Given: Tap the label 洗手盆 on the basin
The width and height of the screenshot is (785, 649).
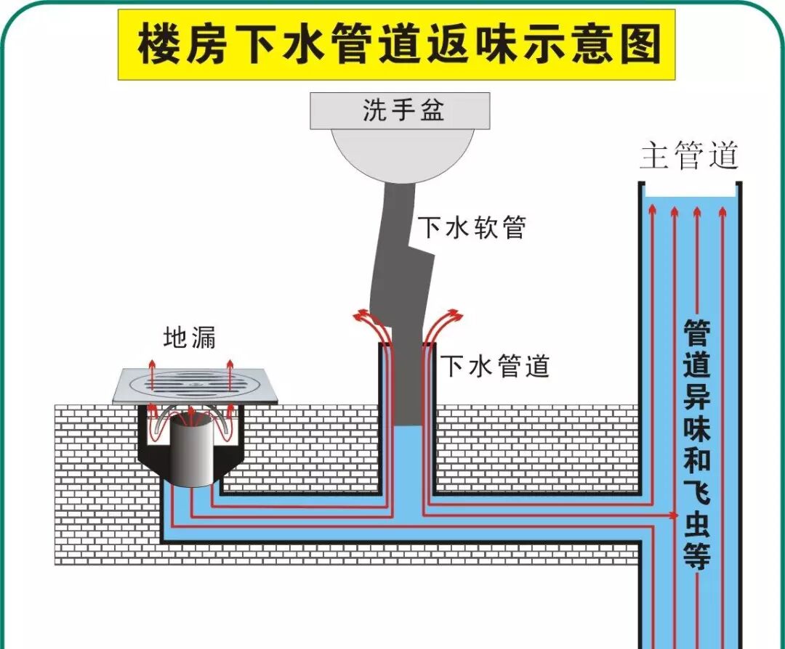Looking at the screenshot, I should click(x=403, y=111).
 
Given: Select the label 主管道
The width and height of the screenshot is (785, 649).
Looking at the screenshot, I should click(x=689, y=155).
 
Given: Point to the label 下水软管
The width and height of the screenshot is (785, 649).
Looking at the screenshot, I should click(x=471, y=227).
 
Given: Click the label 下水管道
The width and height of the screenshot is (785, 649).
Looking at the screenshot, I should click(x=496, y=366).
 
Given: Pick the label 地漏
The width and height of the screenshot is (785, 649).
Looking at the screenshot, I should click(x=190, y=338).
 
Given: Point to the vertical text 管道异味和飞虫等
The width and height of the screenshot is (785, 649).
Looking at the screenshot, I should click(x=696, y=443).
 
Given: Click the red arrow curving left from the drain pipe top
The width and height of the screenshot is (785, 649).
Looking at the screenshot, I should click(x=361, y=316).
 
